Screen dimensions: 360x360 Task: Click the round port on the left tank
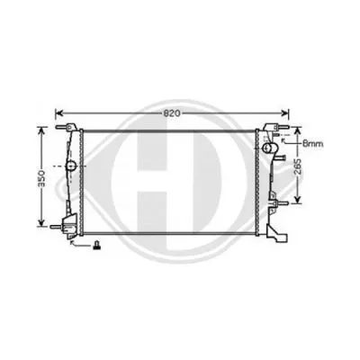click(69, 166)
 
